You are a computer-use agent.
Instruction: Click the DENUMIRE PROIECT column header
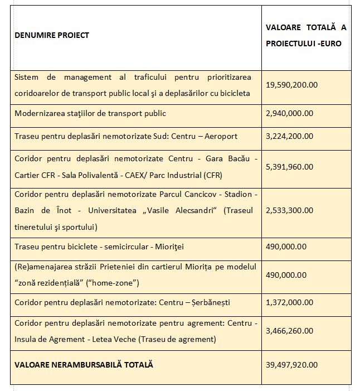click(52, 35)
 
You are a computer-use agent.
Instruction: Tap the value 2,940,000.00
click(290, 113)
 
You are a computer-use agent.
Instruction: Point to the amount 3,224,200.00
click(290, 136)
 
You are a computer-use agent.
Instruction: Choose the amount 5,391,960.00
click(290, 166)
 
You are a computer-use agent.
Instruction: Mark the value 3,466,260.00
click(290, 331)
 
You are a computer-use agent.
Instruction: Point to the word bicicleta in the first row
click(234, 92)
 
